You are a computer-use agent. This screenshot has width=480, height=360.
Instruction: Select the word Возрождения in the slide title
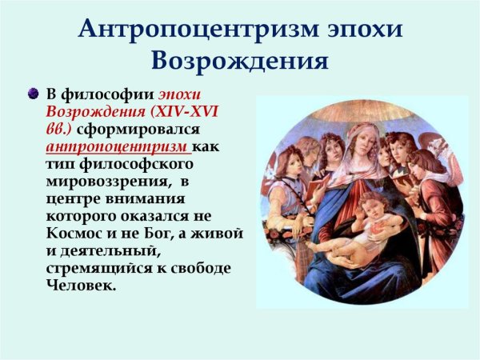pos(239,62)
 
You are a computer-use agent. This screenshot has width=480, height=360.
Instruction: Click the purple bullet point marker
pos(32,94)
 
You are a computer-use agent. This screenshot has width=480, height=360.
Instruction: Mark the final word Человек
pos(81,285)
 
